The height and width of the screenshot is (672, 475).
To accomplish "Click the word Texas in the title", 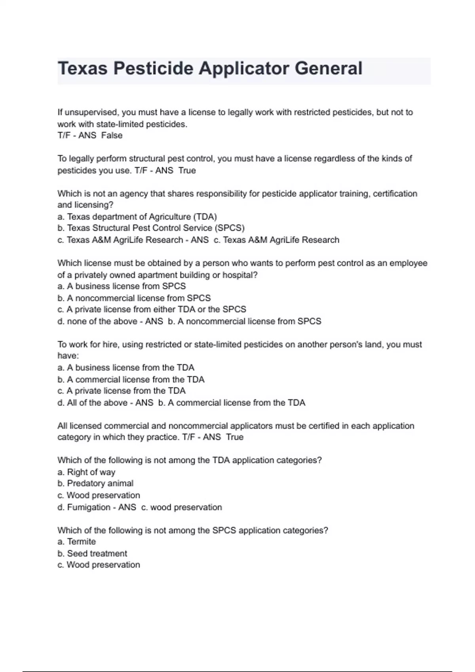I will (82, 68).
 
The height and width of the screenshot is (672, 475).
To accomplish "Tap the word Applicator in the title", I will (244, 68).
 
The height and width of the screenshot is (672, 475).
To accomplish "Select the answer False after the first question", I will (112, 136).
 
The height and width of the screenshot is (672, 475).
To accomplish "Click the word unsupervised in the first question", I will (91, 112).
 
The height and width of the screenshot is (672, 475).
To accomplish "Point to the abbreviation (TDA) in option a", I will (205, 217).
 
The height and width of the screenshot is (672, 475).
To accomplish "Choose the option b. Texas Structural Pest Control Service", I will (151, 228).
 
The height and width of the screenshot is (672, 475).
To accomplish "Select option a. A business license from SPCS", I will (122, 286).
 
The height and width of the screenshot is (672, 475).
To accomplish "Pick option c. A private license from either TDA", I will (152, 310).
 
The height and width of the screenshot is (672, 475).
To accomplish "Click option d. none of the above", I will (97, 321).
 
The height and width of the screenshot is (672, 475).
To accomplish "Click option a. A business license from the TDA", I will (126, 368).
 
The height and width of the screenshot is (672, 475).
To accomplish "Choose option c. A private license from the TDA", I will (122, 391).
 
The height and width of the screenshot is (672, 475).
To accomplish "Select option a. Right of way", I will (86, 472).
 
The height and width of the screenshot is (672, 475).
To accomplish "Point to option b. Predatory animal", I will (95, 483).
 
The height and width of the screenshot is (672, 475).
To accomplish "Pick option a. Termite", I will (77, 542).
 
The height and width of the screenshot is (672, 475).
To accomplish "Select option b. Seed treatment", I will (92, 553).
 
